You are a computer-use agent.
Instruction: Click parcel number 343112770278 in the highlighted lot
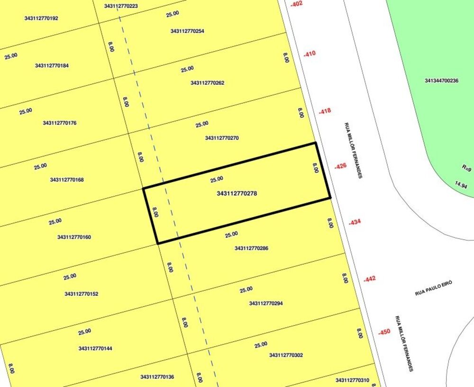pyautogui.click(x=237, y=193)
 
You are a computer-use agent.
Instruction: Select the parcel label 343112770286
pyautogui.click(x=251, y=248)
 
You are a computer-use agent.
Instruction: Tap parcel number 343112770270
pyautogui.click(x=221, y=138)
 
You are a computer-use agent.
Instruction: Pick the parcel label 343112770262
pyautogui.click(x=207, y=83)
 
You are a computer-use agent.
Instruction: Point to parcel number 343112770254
pyautogui.click(x=187, y=31)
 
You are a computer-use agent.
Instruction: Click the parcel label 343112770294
pyautogui.click(x=265, y=303)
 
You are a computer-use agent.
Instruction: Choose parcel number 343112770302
pyautogui.click(x=286, y=355)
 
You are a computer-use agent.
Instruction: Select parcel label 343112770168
pyautogui.click(x=67, y=180)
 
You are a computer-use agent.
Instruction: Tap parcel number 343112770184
pyautogui.click(x=52, y=66)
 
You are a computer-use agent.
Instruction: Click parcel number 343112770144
pyautogui.click(x=95, y=349)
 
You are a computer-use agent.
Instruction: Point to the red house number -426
pyautogui.click(x=340, y=166)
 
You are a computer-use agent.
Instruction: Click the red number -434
pyautogui.click(x=355, y=222)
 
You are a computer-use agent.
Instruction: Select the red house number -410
pyautogui.click(x=309, y=54)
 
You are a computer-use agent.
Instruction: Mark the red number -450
pyautogui.click(x=384, y=332)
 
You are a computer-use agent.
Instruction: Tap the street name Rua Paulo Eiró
pyautogui.click(x=434, y=288)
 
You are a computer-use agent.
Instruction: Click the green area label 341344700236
pyautogui.click(x=441, y=81)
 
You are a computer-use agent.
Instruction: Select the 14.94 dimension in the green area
pyautogui.click(x=461, y=186)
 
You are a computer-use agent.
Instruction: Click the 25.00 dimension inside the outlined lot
pyautogui.click(x=216, y=180)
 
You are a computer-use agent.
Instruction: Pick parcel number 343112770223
pyautogui.click(x=121, y=6)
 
